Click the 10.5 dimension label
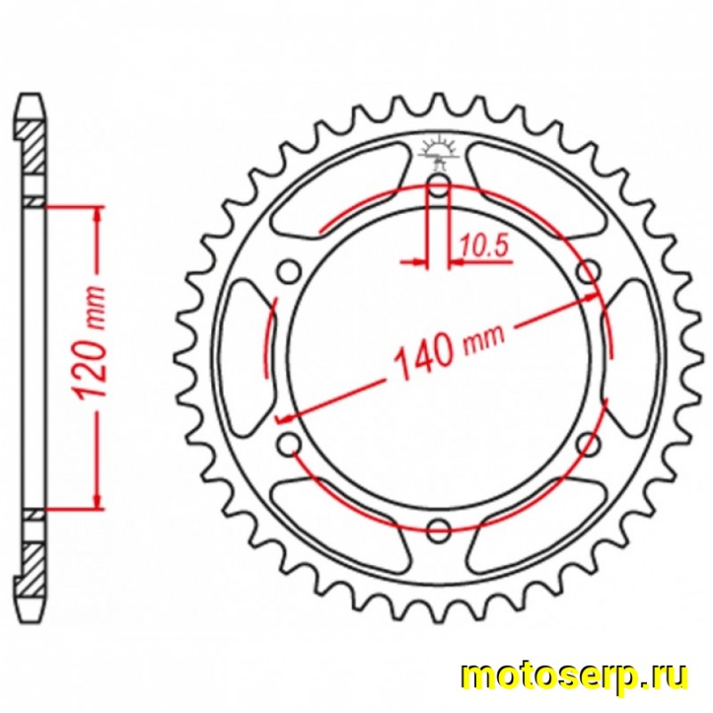click(483, 247)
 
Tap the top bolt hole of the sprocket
click(438, 186)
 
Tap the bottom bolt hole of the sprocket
click(438, 530)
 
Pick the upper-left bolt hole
click(290, 272)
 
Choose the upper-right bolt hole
click(588, 272)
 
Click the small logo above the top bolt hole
click(438, 150)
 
